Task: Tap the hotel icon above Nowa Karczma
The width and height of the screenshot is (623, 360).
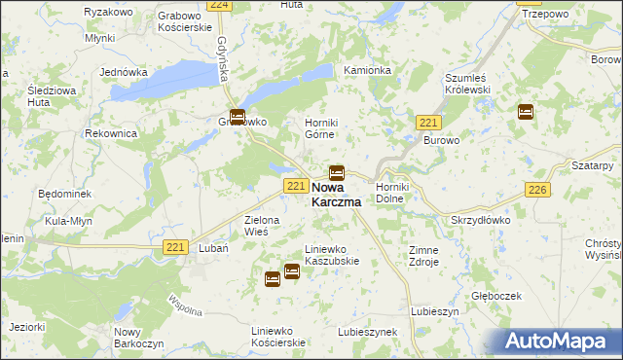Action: click(x=336, y=172)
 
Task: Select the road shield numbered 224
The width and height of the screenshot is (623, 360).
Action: click(x=219, y=5)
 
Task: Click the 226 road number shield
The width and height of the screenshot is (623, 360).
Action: click(x=536, y=191)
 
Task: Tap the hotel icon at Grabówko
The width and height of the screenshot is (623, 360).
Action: click(x=237, y=117)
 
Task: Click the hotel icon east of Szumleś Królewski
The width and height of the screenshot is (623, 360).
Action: click(x=526, y=111)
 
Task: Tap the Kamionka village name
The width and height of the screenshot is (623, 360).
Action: click(x=367, y=71)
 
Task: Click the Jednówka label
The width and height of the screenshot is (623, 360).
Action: click(x=124, y=73)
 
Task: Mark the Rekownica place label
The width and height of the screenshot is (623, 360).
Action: click(x=109, y=133)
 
